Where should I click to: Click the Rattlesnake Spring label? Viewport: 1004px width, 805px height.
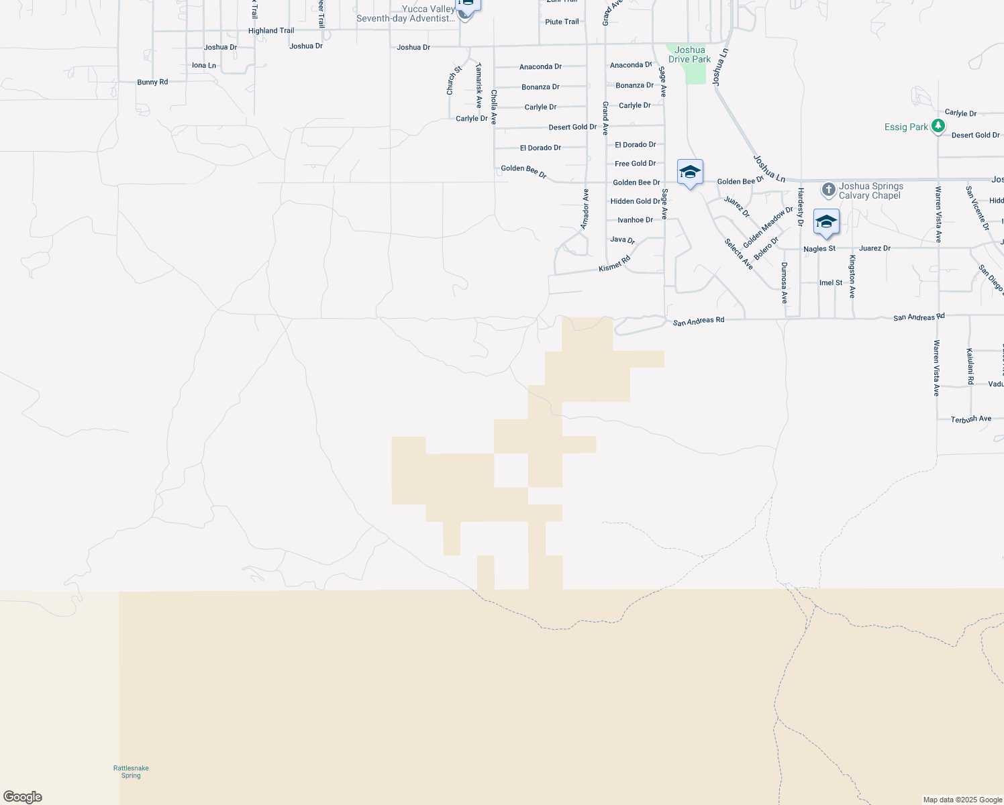coord(131,771)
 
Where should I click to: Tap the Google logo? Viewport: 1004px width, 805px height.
coord(23,797)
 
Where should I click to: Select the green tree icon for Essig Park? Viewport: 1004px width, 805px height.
coord(938,126)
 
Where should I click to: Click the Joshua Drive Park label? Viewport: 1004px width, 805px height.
coord(689,54)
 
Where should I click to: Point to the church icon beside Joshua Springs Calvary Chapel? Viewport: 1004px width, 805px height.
coord(829,189)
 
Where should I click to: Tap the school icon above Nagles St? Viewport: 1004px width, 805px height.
coord(826,222)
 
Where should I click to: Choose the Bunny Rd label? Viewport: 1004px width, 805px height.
coord(152,82)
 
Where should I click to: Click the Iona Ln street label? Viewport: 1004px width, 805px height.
coord(204,65)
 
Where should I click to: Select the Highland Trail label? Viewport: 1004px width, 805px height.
coord(271,31)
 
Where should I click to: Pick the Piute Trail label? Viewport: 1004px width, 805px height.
coord(562,21)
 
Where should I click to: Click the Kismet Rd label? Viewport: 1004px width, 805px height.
coord(615,264)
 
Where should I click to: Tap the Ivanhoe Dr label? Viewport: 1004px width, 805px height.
coord(635,220)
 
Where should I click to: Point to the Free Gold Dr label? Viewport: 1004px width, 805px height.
coord(635,164)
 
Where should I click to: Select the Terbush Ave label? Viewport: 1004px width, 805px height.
coord(970,419)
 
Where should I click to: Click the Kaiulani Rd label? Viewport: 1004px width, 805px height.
coord(970,366)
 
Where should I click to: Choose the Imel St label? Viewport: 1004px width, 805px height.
coord(831,283)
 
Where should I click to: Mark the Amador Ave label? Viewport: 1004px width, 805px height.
coord(585,209)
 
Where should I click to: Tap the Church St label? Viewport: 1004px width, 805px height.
coord(454,80)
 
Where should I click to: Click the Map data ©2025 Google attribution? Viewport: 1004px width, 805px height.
coord(962,800)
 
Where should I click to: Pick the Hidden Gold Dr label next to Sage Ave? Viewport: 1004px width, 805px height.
coord(635,201)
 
